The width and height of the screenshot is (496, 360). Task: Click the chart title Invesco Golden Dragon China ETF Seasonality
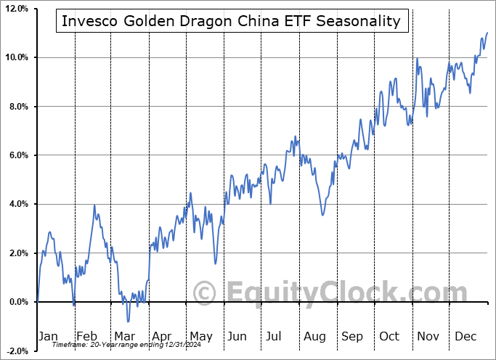click(x=231, y=20)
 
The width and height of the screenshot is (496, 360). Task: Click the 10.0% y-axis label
click(x=16, y=57)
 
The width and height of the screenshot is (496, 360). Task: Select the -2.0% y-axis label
click(x=17, y=351)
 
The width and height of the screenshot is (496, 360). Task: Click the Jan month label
click(x=47, y=336)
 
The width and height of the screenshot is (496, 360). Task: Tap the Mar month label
click(x=125, y=336)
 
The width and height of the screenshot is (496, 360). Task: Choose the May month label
click(x=200, y=336)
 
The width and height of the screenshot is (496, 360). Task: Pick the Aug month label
click(x=314, y=336)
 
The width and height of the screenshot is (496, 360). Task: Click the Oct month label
click(x=390, y=336)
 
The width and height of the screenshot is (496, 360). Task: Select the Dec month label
click(x=465, y=336)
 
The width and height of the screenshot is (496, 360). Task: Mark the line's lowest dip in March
click(x=128, y=322)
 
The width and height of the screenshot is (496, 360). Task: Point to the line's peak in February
click(x=94, y=205)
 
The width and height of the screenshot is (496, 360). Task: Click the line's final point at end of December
click(x=487, y=33)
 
